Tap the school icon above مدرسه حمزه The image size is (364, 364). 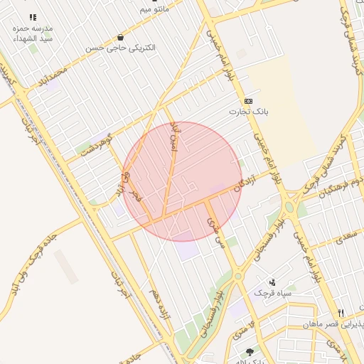coord(32,17)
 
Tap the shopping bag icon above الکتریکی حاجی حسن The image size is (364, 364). coord(120,37)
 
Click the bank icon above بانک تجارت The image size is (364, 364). coord(247,101)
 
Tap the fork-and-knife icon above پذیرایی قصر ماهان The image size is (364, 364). coord(341,313)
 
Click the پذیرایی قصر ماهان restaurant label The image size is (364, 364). coord(333,324)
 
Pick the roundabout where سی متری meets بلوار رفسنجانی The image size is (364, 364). coord(238,276)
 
